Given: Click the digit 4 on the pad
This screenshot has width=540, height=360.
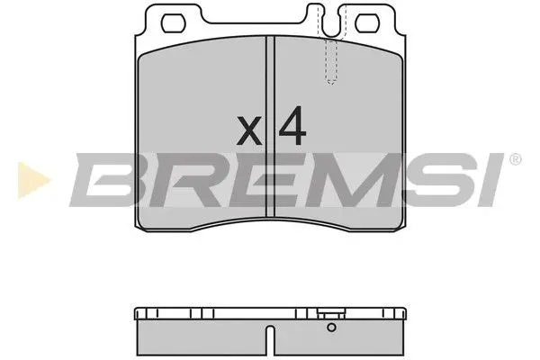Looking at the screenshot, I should (x=292, y=128).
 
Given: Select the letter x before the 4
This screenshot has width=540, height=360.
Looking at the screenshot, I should (x=249, y=132).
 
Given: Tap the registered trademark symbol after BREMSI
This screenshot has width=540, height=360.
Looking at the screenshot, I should (x=515, y=160).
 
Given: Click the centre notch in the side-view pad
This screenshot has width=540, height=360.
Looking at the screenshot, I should (x=271, y=339).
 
